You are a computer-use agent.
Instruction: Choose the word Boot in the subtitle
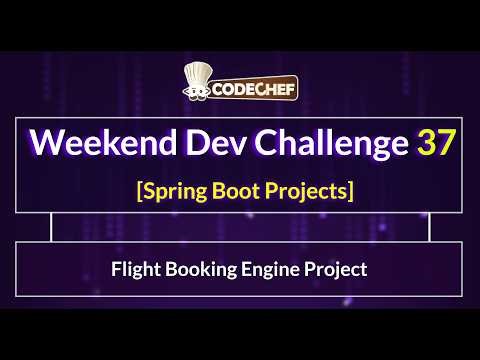pyautogui.click(x=235, y=189)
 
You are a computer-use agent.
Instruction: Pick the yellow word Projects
pyautogui.click(x=306, y=190)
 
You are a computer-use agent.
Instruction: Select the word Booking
pyautogui.click(x=198, y=270)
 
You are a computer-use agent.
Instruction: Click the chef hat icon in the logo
pyautogui.click(x=196, y=84)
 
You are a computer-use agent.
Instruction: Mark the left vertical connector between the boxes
pyautogui.click(x=51, y=227)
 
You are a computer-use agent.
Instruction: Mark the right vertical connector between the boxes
pyautogui.click(x=429, y=227)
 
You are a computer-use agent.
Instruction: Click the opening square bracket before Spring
pyautogui.click(x=138, y=190)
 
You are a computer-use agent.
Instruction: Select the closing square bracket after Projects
pyautogui.click(x=350, y=190)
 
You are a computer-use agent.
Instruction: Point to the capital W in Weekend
pyautogui.click(x=48, y=143)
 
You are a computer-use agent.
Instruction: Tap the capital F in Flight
pyautogui.click(x=116, y=269)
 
